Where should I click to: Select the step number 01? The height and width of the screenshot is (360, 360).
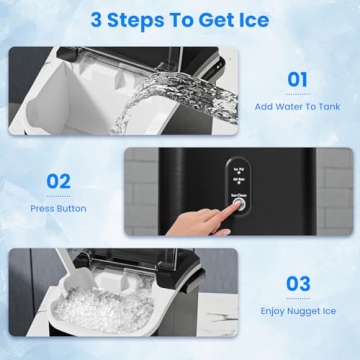298,79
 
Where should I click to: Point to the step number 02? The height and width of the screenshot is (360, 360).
59,182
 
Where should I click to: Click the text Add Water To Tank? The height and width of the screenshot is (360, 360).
298,106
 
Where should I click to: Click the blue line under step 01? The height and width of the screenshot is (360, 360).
298,94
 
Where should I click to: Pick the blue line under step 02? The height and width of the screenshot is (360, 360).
58,196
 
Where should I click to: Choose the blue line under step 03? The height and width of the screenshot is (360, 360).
298,297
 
